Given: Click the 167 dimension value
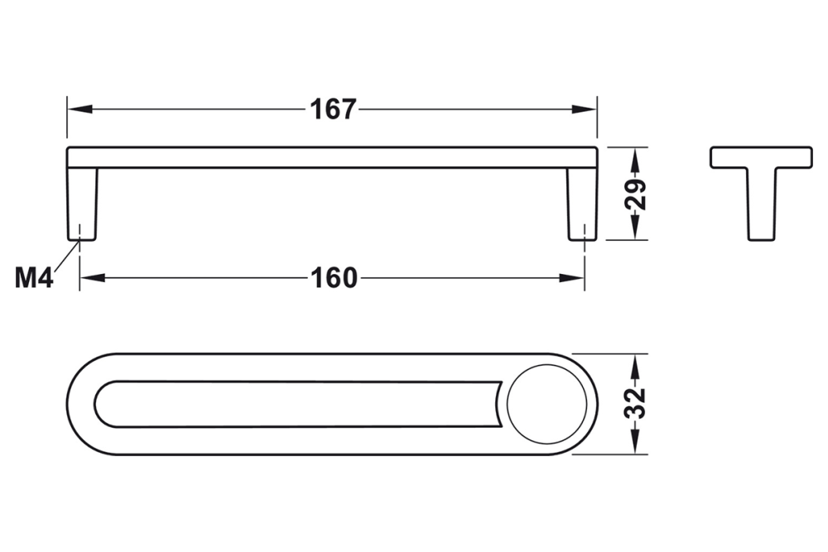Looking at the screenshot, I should pyautogui.click(x=333, y=109).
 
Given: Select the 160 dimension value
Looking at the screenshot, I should pyautogui.click(x=334, y=278).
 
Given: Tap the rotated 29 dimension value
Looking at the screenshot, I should pyautogui.click(x=635, y=194).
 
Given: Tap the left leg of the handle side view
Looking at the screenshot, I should pyautogui.click(x=82, y=204).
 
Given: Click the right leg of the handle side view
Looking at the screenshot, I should pyautogui.click(x=581, y=204).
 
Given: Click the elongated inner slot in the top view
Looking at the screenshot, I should pyautogui.click(x=298, y=405).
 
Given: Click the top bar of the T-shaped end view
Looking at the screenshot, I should pyautogui.click(x=761, y=157).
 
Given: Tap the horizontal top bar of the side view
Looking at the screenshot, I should pyautogui.click(x=331, y=157).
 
